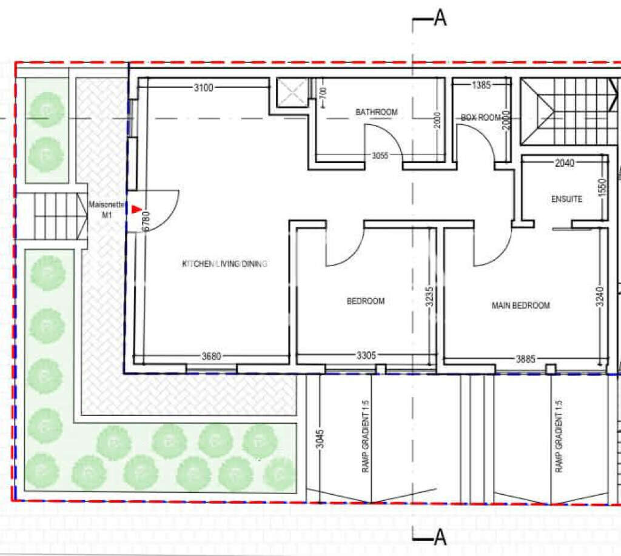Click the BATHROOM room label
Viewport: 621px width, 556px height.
(376, 112)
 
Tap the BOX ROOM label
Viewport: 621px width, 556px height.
(481, 118)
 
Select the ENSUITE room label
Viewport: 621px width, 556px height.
(566, 199)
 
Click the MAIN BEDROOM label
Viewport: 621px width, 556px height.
(520, 306)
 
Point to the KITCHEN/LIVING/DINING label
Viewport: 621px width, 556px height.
(225, 264)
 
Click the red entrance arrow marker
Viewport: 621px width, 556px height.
(136, 209)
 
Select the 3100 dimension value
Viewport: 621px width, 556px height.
(203, 88)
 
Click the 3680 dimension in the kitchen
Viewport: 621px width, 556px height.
(211, 357)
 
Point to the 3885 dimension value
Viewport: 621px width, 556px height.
(525, 359)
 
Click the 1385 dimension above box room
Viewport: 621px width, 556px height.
(481, 85)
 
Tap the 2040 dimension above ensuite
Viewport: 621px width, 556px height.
(565, 162)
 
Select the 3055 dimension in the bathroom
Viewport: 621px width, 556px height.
(380, 156)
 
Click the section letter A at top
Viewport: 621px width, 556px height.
(440, 19)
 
